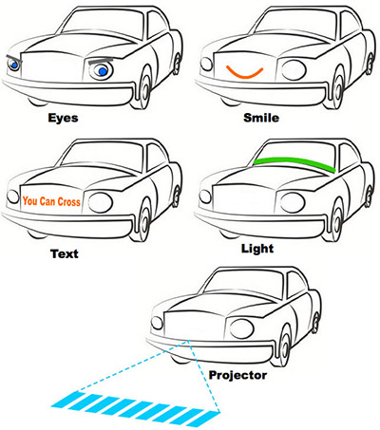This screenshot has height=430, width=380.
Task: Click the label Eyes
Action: pyautogui.click(x=63, y=118)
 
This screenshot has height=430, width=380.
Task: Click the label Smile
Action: pyautogui.click(x=261, y=118)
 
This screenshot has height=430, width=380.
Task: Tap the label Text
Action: pyautogui.click(x=65, y=253)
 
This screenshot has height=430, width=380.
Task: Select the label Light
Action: pyautogui.click(x=257, y=249)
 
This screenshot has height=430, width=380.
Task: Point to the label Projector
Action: pyautogui.click(x=237, y=376)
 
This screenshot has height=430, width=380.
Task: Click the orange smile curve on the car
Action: pyautogui.click(x=244, y=76)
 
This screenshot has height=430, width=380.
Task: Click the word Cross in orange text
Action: pyautogui.click(x=68, y=201)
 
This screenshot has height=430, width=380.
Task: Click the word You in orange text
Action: pyautogui.click(x=29, y=201)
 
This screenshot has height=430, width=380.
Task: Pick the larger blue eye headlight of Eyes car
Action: pyautogui.click(x=102, y=71)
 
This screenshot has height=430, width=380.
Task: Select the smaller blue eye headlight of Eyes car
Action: pyautogui.click(x=13, y=65)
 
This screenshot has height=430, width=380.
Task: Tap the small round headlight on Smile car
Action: pyautogui.click(x=206, y=65)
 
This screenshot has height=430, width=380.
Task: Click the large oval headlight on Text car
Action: pyautogui.click(x=101, y=202)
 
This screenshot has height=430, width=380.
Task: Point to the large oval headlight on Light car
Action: pyautogui.click(x=293, y=202)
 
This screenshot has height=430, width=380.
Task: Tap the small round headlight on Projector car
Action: pyautogui.click(x=157, y=323)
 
